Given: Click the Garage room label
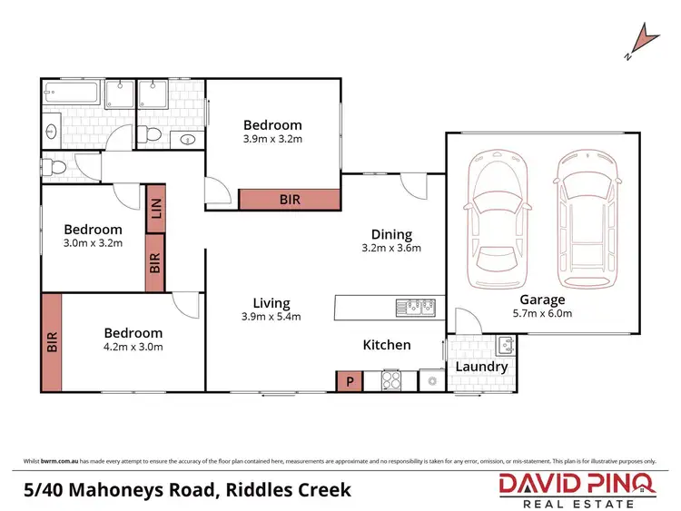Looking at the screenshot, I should (x=542, y=300).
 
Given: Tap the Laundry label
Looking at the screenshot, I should (x=481, y=367).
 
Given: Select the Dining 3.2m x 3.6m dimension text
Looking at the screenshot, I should (x=391, y=248).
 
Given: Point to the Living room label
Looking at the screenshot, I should (x=271, y=303).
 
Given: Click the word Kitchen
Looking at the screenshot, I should (x=387, y=345).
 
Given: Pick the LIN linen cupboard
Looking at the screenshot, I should (x=155, y=209).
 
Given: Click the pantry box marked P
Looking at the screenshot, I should (x=347, y=381).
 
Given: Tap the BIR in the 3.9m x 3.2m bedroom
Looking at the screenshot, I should (x=290, y=199).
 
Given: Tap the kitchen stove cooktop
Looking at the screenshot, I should (x=390, y=381).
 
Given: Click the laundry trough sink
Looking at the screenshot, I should (x=506, y=345).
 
